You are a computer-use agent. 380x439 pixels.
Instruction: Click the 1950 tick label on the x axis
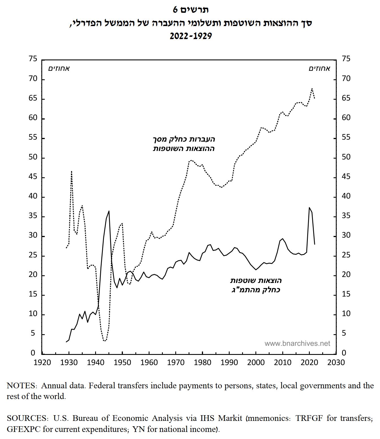[x=122, y=363]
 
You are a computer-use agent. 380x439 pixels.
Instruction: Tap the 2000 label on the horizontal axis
[x=256, y=363]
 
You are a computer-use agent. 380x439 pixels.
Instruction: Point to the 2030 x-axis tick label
[x=336, y=363]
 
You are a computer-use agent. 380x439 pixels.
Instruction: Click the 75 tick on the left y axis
[x=33, y=59]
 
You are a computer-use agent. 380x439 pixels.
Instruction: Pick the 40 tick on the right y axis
[x=346, y=196]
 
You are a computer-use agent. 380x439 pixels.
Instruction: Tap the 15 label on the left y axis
[x=33, y=294]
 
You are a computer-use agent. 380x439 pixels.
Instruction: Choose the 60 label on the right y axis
[x=346, y=118]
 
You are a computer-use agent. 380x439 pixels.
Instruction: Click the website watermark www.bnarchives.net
[x=297, y=344]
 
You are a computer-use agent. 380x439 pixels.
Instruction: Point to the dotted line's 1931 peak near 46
[x=72, y=171]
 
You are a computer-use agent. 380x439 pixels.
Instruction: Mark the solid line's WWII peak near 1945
[x=109, y=211]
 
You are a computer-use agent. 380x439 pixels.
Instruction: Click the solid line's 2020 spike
[x=309, y=208]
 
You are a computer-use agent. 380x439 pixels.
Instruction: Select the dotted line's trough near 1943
[x=104, y=341]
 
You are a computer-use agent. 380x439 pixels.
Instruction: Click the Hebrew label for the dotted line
[x=184, y=144]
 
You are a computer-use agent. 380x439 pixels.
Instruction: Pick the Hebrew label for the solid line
[x=256, y=285]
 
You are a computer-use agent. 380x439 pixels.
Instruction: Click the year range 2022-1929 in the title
[x=191, y=36]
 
